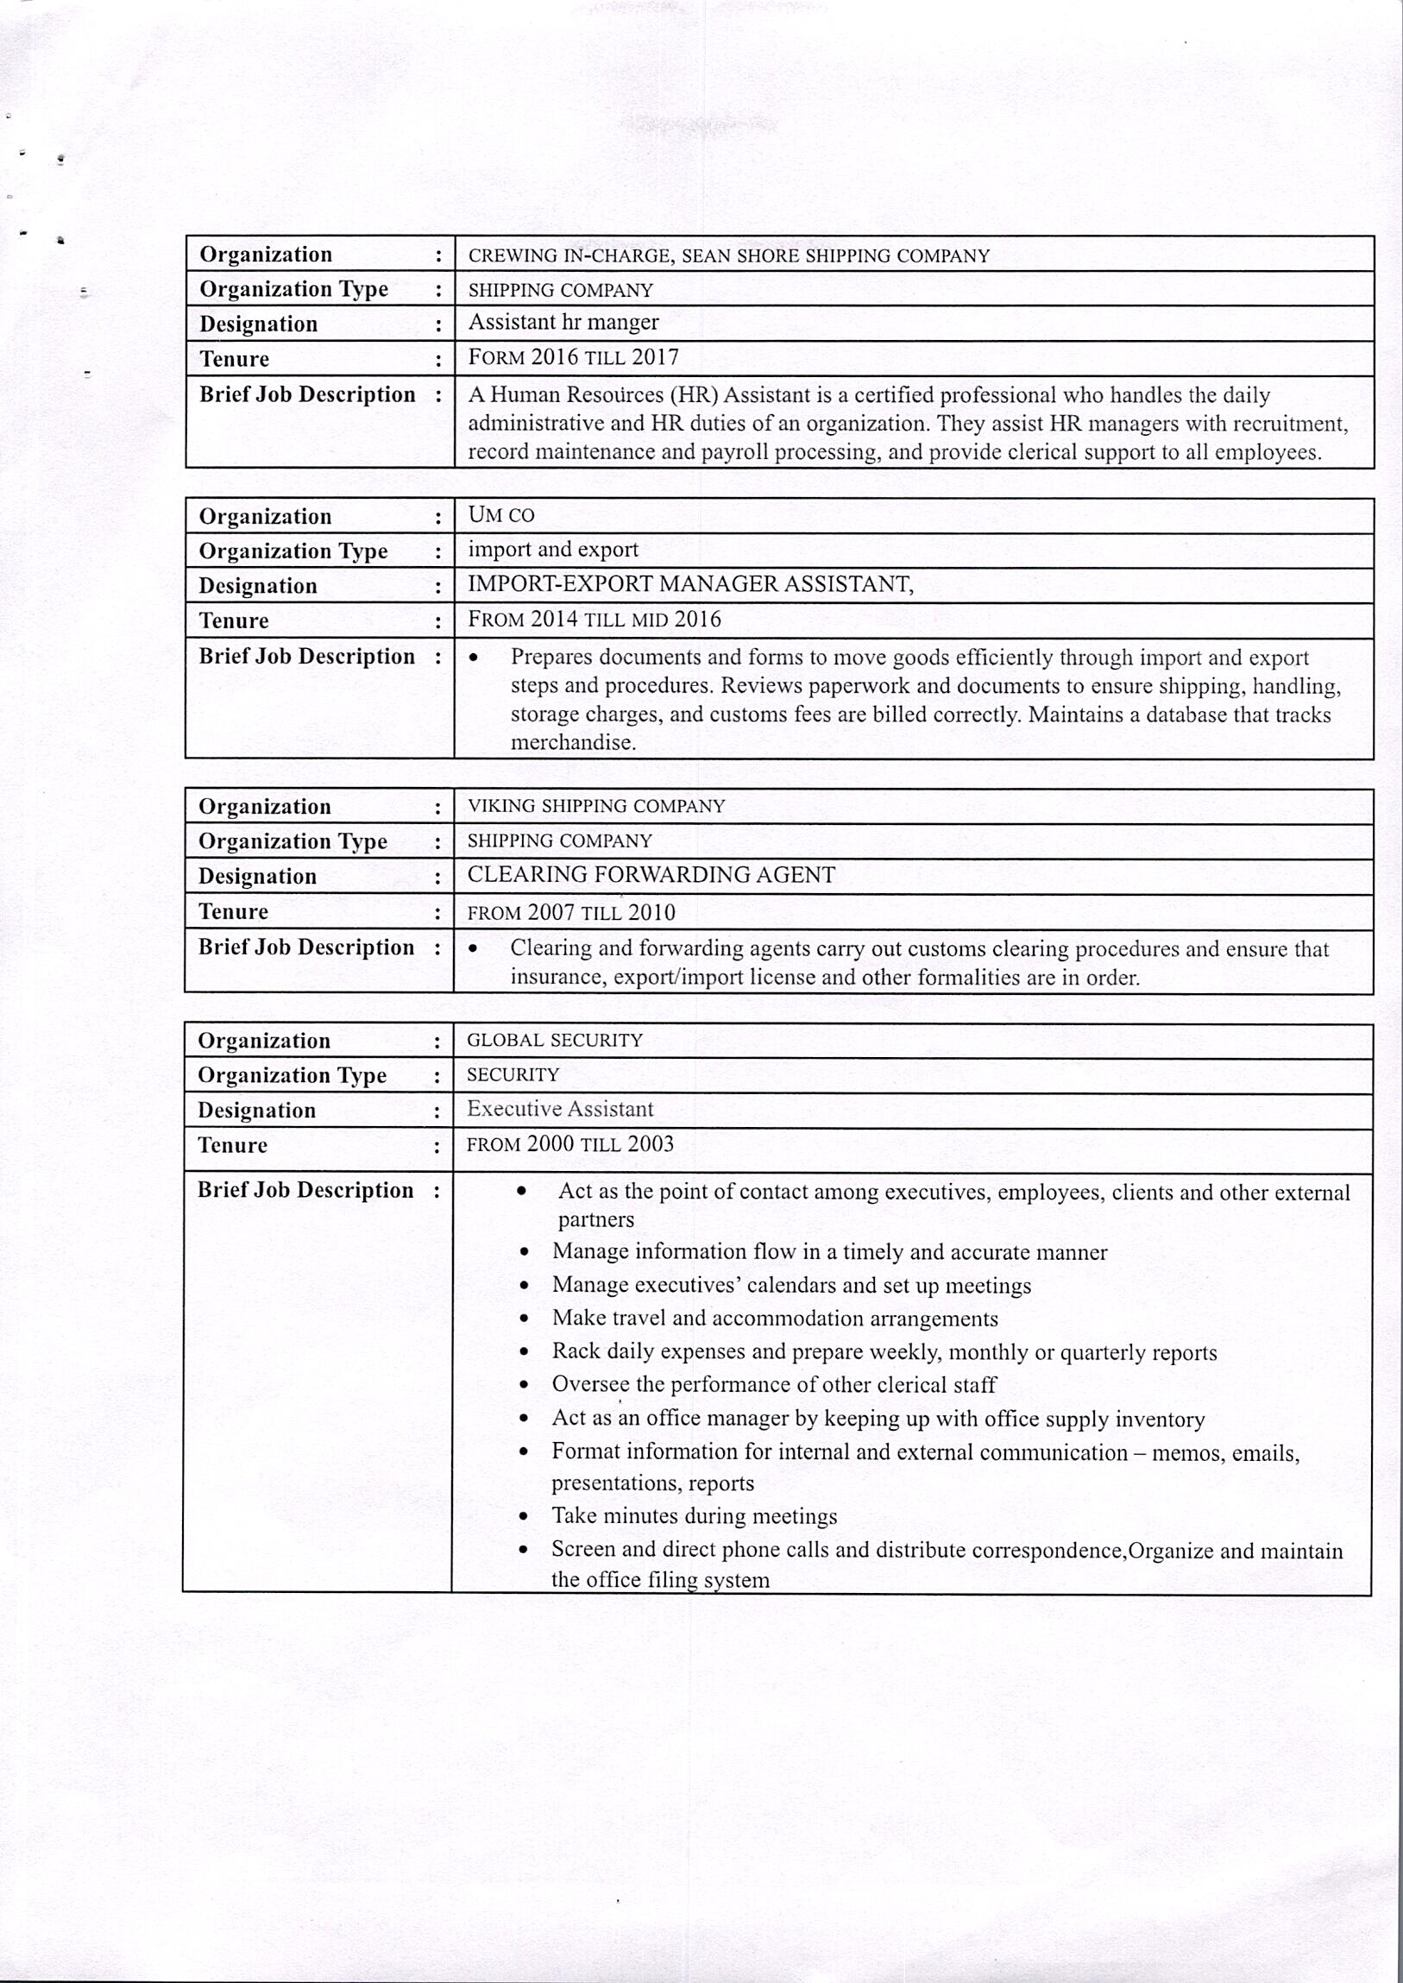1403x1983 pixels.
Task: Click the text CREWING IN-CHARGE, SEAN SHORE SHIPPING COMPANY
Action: (x=728, y=255)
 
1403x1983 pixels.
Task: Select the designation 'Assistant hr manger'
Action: (x=563, y=322)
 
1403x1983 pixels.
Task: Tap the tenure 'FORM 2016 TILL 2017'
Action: (x=573, y=358)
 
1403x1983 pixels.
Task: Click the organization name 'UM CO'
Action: (x=501, y=515)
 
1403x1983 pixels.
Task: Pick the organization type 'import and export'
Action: (x=553, y=550)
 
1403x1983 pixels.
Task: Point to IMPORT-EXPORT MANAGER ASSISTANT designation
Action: (x=689, y=584)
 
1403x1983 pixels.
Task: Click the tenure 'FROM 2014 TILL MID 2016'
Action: (x=594, y=620)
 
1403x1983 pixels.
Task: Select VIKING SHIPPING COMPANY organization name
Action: (x=596, y=806)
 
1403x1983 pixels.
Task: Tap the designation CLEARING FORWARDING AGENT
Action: (x=651, y=875)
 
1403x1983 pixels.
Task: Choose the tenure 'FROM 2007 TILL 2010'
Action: (x=571, y=912)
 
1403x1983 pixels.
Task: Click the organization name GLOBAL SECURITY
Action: (x=555, y=1041)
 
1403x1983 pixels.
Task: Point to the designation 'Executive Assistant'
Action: (x=560, y=1110)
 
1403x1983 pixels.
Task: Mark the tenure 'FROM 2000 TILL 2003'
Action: (x=569, y=1145)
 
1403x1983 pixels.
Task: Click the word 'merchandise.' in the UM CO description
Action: (x=573, y=743)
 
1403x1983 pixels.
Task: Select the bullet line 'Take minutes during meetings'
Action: (x=695, y=1516)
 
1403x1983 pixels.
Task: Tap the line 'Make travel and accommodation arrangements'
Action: (x=775, y=1319)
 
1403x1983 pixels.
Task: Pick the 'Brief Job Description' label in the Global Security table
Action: (x=305, y=1191)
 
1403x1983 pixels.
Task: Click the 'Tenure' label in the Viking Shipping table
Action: (x=233, y=911)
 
